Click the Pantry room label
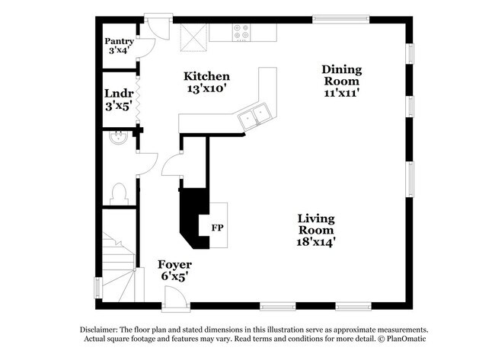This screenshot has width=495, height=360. click(x=120, y=41)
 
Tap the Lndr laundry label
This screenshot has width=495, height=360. click(x=119, y=94)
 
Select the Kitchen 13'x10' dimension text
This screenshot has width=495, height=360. click(x=207, y=88)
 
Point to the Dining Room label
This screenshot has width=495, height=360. click(x=342, y=75)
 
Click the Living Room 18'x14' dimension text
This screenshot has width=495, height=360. click(x=316, y=242)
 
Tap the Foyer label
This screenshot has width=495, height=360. click(x=175, y=264)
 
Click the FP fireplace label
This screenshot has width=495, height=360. click(x=218, y=228)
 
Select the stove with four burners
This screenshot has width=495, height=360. click(x=242, y=32)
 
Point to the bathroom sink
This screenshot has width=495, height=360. click(x=118, y=138)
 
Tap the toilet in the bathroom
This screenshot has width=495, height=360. click(x=119, y=194)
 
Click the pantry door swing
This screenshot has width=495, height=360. click(x=146, y=48)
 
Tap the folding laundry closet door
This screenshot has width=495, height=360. click(x=138, y=98)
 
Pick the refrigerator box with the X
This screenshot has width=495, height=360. click(x=194, y=37)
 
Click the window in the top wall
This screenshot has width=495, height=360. click(x=340, y=19)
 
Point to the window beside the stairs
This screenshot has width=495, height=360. click(x=99, y=288)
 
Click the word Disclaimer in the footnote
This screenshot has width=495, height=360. click(x=99, y=330)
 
